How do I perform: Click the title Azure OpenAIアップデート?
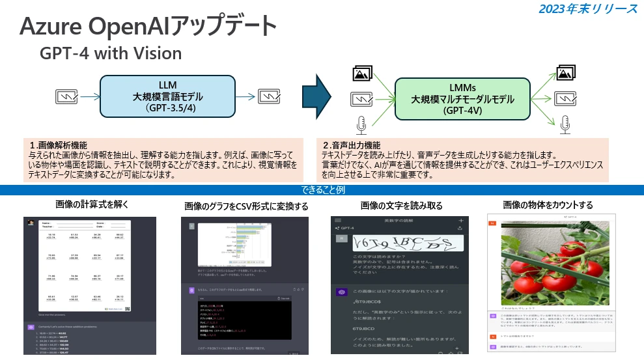pyautogui.click(x=148, y=27)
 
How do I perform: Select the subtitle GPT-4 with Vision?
pyautogui.click(x=111, y=53)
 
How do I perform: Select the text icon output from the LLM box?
pyautogui.click(x=270, y=97)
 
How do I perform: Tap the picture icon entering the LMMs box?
pyautogui.click(x=362, y=74)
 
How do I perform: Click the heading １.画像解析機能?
pyautogui.click(x=58, y=145)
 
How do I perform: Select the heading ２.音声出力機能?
pyautogui.click(x=352, y=145)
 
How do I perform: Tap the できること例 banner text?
pyautogui.click(x=322, y=191)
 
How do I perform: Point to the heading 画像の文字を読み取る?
pyautogui.click(x=401, y=205)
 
